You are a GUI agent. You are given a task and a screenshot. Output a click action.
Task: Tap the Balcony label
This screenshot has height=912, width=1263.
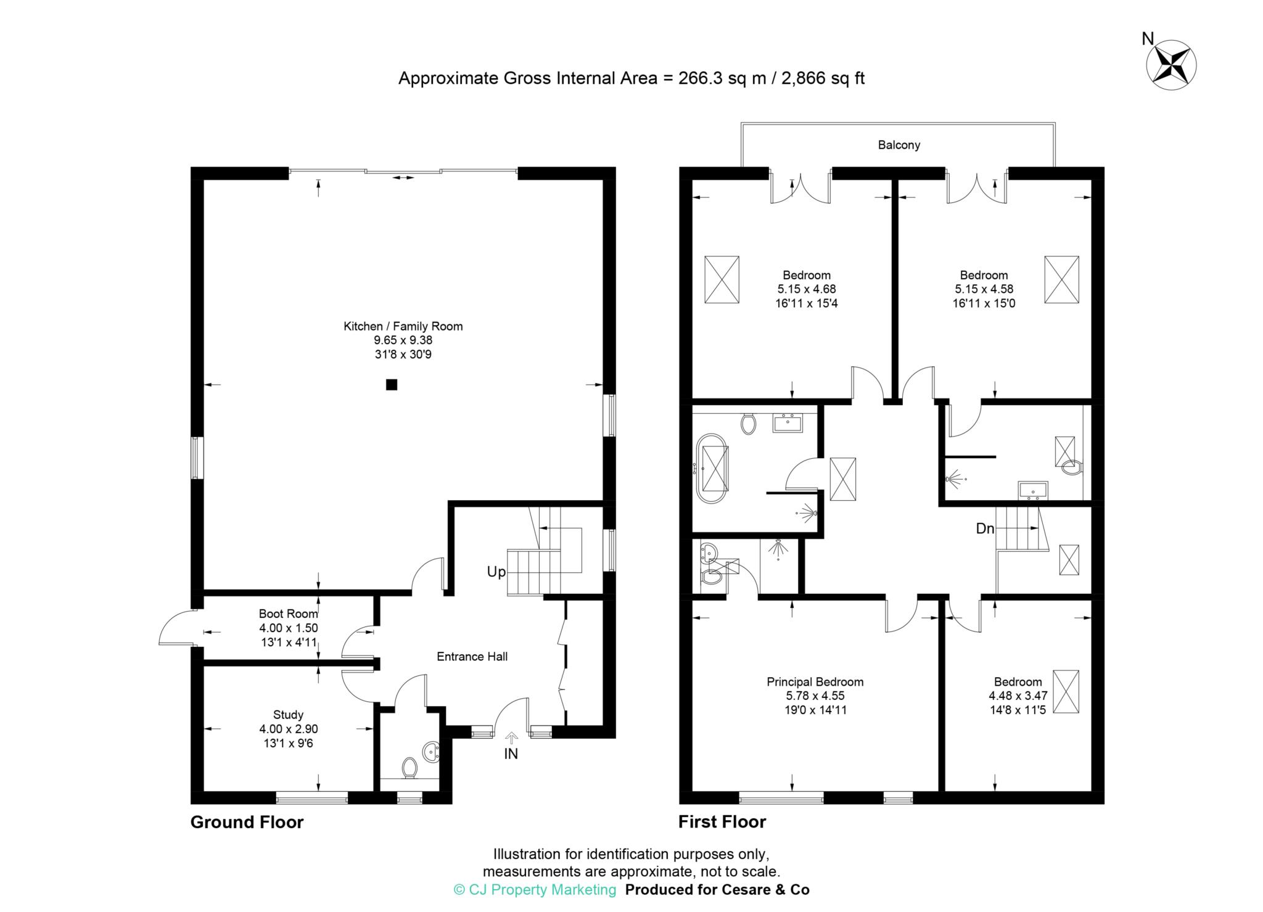pos(899,145)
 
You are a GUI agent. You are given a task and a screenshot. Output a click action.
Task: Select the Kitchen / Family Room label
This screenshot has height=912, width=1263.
pos(403,326)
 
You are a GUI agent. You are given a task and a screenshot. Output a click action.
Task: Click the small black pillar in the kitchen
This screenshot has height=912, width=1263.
pos(392,385)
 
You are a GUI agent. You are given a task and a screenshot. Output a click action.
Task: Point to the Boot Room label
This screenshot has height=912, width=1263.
pos(288,614)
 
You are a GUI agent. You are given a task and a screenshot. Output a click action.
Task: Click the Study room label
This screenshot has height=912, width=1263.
pos(288,715)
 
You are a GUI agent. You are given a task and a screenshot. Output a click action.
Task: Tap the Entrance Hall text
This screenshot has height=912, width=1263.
pos(472,657)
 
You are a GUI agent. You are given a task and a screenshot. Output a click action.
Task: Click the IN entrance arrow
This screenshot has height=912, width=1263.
pos(511,737)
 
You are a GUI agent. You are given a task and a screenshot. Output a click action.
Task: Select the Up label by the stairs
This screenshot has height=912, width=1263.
pos(496,572)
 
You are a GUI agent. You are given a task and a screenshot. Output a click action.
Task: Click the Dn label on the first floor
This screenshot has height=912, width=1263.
pos(985,528)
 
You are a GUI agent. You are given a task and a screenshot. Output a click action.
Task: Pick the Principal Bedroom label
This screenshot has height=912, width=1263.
pos(815,682)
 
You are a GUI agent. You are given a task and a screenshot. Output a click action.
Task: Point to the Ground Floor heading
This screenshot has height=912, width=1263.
pos(247,822)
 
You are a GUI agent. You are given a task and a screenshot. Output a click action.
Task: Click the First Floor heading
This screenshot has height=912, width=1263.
pos(722,822)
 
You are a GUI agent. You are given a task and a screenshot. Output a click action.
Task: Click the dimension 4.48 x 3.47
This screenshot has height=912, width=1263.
pos(1018,696)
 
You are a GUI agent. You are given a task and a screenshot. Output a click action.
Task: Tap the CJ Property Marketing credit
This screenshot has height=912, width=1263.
pos(535,890)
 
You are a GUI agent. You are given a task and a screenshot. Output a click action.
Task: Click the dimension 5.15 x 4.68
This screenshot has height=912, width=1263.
pos(807,289)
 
